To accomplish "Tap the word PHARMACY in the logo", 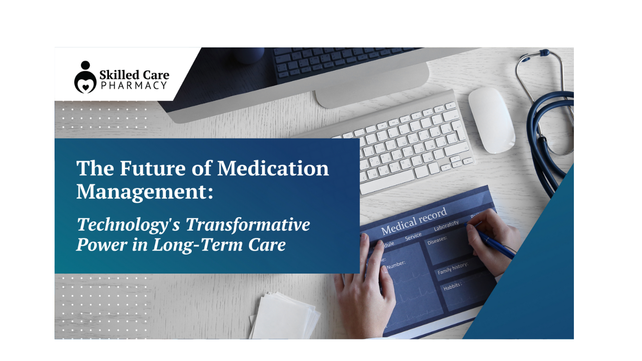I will pyautogui.click(x=133, y=85).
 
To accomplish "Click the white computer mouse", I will pyautogui.click(x=491, y=120).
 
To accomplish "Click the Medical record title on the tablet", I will pyautogui.click(x=414, y=221).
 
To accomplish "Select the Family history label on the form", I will pyautogui.click(x=453, y=268).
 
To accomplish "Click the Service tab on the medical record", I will pyautogui.click(x=413, y=236).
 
